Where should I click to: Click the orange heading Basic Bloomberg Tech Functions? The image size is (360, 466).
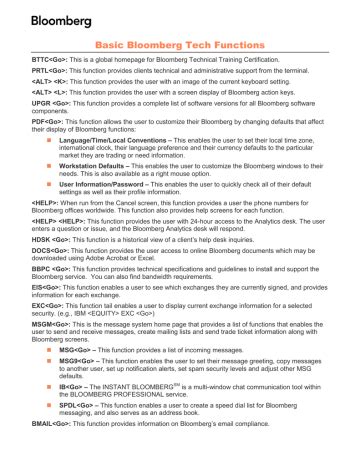pos(179,46)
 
